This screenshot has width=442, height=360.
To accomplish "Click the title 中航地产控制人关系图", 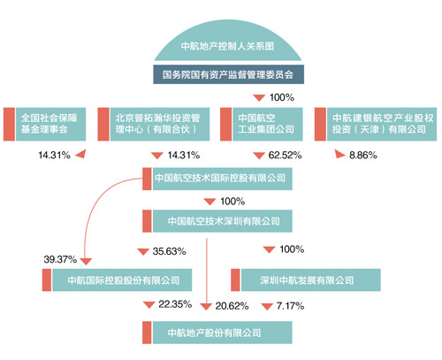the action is tap(227, 46).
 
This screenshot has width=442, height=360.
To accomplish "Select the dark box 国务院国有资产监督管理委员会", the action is tap(228, 74).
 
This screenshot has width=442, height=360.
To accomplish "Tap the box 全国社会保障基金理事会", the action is tap(44, 124).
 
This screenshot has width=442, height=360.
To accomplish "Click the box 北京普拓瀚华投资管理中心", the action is tap(154, 124).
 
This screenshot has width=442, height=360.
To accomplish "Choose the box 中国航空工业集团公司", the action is tap(262, 124).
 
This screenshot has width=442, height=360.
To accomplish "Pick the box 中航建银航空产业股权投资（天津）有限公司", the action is tap(376, 124).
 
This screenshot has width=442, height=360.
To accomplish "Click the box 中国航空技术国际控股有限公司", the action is tap(217, 179).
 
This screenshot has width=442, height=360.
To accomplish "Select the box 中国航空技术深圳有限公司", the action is tap(217, 221).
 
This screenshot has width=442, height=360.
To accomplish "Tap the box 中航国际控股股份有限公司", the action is tap(117, 280).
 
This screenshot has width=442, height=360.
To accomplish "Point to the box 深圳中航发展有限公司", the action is tap(306, 280).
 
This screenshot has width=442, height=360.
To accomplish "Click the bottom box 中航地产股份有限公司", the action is tap(217, 333).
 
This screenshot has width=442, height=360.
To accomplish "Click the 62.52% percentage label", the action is tap(285, 156).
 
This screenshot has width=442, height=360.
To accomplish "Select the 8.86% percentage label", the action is tap(363, 156).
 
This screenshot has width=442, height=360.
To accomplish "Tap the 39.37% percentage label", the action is tap(60, 259).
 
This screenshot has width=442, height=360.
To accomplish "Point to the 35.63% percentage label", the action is tap(169, 251).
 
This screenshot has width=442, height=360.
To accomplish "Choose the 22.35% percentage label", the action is tap(175, 304).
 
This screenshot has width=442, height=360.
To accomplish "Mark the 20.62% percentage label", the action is tap(232, 306).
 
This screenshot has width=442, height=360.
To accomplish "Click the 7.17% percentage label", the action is tap(290, 306).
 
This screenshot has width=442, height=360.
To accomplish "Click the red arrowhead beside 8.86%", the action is tap(339, 154).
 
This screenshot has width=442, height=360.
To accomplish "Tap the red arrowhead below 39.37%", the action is tap(86, 261).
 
